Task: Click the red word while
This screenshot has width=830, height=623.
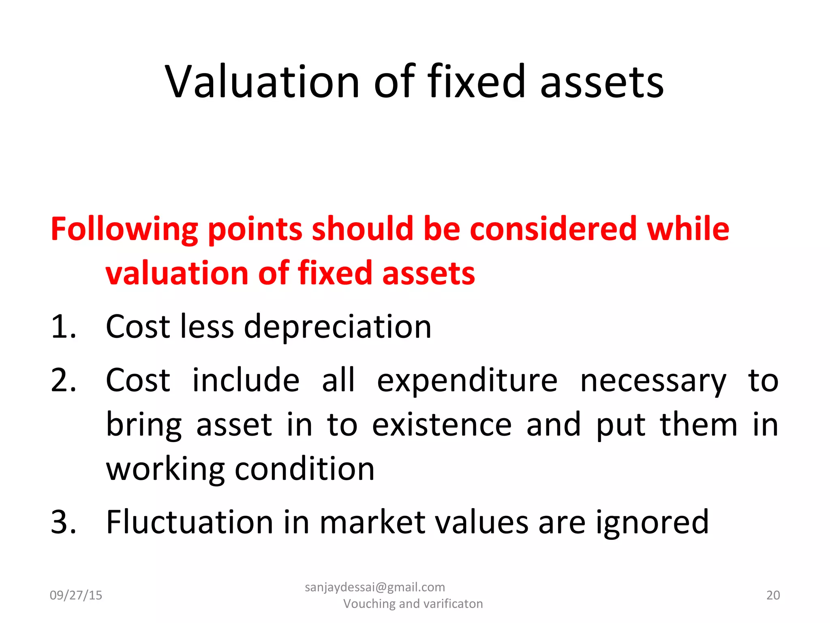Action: tap(688, 229)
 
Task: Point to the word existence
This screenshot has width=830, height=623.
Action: tap(442, 425)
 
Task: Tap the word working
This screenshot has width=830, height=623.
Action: tap(165, 470)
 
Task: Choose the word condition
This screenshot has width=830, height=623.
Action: tap(305, 469)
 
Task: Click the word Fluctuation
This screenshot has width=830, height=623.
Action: tap(190, 522)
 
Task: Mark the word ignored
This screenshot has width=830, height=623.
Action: tap(652, 523)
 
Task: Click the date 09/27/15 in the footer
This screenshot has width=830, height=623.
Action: tap(76, 595)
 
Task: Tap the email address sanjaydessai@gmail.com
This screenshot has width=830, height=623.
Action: tap(375, 587)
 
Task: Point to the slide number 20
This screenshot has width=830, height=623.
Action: tap(773, 595)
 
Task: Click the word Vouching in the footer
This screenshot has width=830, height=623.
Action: tap(369, 604)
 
